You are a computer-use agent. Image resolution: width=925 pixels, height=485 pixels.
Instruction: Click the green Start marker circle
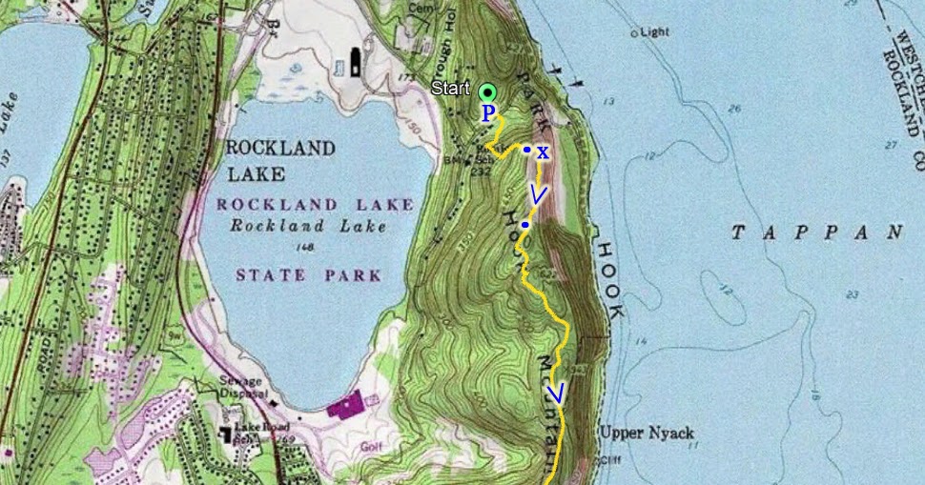point(488,92)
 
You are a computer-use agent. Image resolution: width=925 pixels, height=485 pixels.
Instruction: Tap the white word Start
point(450,90)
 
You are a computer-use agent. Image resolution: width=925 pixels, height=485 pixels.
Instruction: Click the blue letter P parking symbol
point(487,113)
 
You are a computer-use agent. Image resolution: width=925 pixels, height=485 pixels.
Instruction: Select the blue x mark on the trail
point(543,152)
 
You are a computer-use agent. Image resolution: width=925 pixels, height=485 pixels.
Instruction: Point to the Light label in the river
point(654,31)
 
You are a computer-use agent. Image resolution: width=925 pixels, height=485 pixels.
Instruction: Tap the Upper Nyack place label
point(637,432)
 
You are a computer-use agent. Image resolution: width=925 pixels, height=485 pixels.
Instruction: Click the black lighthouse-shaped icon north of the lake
point(356,62)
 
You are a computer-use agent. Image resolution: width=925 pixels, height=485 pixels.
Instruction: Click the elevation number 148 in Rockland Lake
point(306,248)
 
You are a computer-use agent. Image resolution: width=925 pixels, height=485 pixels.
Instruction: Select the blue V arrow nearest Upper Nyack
point(557,393)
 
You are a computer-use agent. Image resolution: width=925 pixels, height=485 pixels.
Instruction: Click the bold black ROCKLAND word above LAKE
point(280,149)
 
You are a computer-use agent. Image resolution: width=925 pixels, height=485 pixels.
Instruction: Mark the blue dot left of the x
point(526,150)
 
